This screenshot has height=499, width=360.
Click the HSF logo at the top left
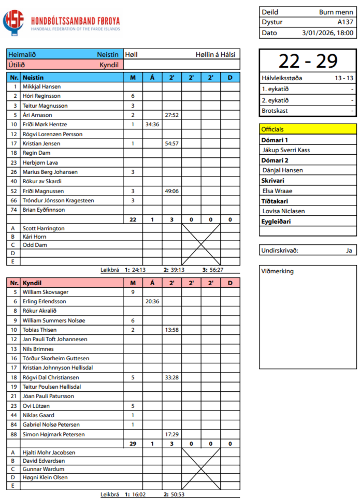point(14,22)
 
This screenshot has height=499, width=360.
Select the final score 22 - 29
point(308,61)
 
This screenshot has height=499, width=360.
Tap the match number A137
point(345,22)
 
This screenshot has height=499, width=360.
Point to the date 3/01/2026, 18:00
point(328,33)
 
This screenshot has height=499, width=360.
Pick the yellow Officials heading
point(308,129)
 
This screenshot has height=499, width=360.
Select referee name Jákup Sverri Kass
point(286,150)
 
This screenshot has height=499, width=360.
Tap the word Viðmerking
point(278,271)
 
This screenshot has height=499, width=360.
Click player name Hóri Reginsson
point(41,96)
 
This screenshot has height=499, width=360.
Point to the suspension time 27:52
point(171,115)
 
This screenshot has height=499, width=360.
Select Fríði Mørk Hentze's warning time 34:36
point(152,125)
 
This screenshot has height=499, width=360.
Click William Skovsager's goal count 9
point(133,292)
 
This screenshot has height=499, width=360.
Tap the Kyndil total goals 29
point(133,444)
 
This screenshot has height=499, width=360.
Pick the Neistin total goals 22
point(133,219)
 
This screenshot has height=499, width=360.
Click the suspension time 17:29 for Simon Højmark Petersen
point(171,434)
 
